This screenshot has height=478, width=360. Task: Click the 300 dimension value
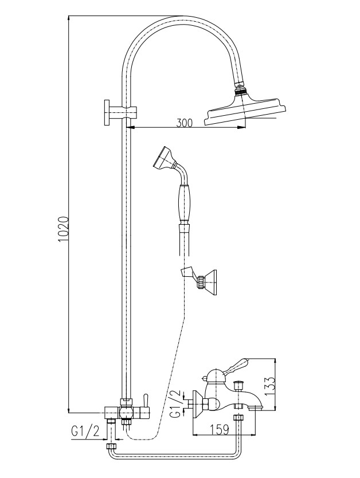click(185, 123)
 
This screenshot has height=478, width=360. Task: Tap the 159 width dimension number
click(219, 429)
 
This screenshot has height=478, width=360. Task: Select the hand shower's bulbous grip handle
click(185, 203)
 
